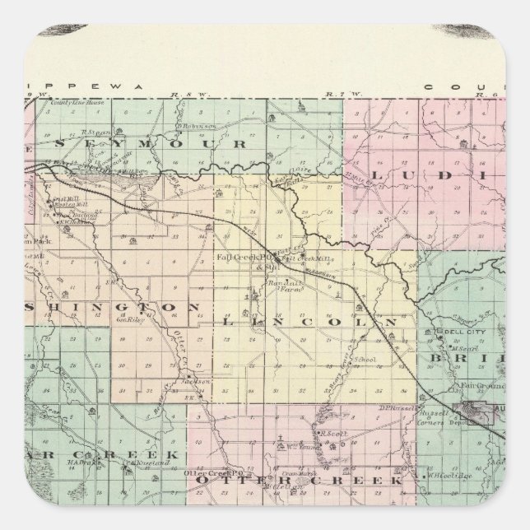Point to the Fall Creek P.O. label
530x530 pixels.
coord(236,256)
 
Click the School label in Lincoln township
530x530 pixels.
coord(365,360)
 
